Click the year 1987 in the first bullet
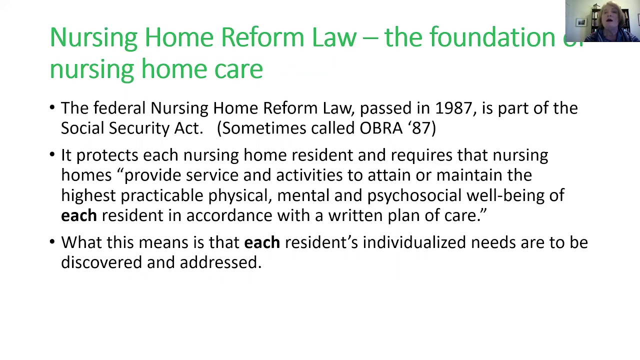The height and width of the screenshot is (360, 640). pyautogui.click(x=453, y=108)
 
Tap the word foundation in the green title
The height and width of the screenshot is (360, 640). pyautogui.click(x=492, y=38)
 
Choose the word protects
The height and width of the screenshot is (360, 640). pyautogui.click(x=107, y=155)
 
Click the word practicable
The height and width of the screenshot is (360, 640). pyautogui.click(x=162, y=195)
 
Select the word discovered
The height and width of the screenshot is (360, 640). pyautogui.click(x=101, y=262)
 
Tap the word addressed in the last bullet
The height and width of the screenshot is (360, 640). pyautogui.click(x=220, y=262)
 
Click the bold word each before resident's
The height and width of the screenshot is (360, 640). pyautogui.click(x=261, y=242)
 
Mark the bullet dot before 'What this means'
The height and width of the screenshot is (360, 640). pyautogui.click(x=52, y=241)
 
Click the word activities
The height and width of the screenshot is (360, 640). pyautogui.click(x=309, y=175)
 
